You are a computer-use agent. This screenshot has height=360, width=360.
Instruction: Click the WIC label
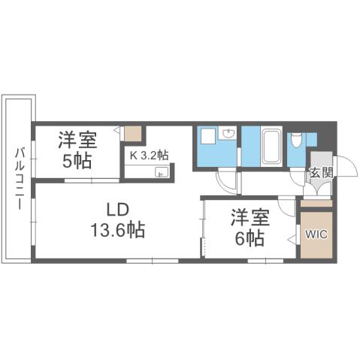(316, 233)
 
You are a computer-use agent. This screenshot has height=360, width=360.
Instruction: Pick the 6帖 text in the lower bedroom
(248, 238)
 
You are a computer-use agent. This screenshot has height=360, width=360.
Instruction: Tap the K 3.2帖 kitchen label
(150, 156)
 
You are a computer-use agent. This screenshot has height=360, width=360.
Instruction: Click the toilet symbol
(297, 139)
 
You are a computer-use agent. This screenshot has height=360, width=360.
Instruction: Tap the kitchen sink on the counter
(160, 173)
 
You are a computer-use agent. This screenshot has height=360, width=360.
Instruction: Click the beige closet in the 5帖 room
(133, 135)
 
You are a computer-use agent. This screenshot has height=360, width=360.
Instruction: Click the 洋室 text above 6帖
(248, 217)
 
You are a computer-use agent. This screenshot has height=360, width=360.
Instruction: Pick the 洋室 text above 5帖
(77, 140)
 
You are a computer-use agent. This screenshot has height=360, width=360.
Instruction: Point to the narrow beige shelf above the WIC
(316, 203)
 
